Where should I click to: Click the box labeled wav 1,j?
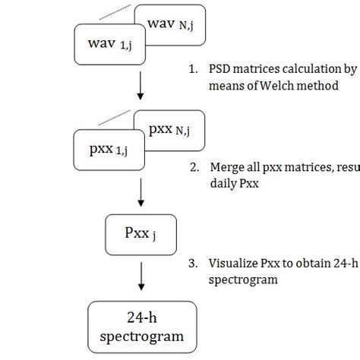pos(106,45)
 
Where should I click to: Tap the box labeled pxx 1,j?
pos(107,148)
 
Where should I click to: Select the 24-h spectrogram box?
pos(141,327)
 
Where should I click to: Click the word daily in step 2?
pos(223,184)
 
